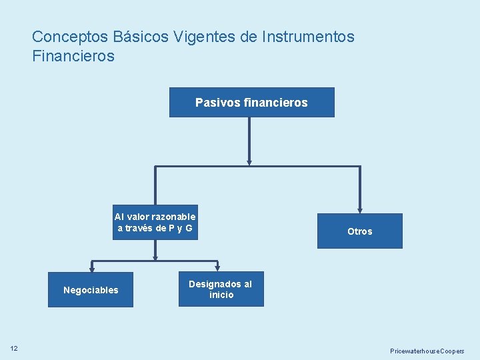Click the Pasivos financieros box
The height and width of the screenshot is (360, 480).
pyautogui.click(x=251, y=102)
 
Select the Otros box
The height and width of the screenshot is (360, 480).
pyautogui.click(x=359, y=231)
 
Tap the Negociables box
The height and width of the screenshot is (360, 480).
pyautogui.click(x=90, y=289)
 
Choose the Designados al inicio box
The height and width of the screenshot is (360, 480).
pyautogui.click(x=221, y=289)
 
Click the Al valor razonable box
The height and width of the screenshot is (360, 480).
pyautogui.click(x=155, y=222)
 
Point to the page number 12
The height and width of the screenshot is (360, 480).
pyautogui.click(x=14, y=348)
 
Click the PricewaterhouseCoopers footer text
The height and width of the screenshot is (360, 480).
pyautogui.click(x=427, y=351)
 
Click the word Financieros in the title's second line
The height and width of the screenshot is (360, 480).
pyautogui.click(x=73, y=56)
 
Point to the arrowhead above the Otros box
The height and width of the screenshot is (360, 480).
pyautogui.click(x=360, y=209)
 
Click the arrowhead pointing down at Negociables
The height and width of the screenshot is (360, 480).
pyautogui.click(x=91, y=268)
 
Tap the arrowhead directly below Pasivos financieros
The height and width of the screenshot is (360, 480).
pyautogui.click(x=249, y=161)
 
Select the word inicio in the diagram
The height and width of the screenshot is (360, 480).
pyautogui.click(x=221, y=295)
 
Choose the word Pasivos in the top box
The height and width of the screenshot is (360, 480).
pyautogui.click(x=211, y=103)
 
